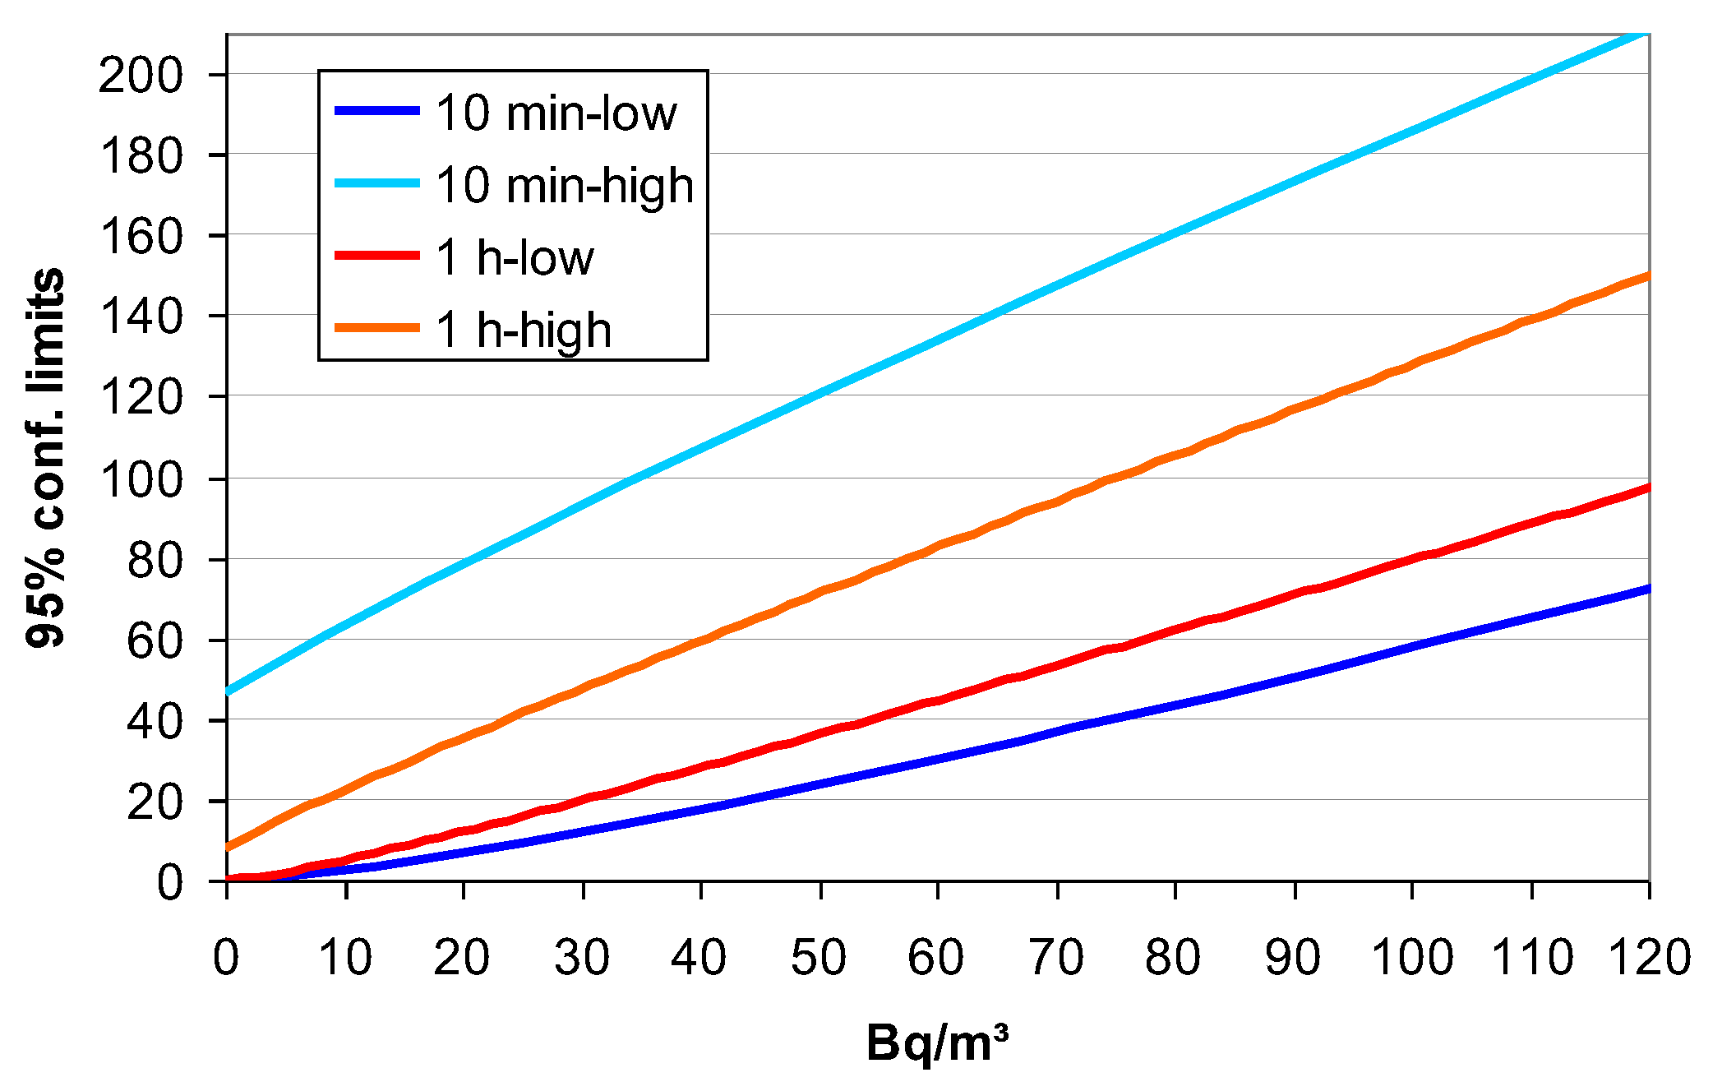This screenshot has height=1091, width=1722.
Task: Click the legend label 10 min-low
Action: [x=556, y=113]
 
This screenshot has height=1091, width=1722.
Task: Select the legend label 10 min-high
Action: [x=565, y=185]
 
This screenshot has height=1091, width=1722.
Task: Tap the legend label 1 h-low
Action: [x=515, y=257]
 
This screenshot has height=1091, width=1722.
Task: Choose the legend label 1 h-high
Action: [x=524, y=330]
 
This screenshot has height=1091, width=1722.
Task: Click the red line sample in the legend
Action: [x=377, y=256]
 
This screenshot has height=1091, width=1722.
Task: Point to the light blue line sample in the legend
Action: [x=377, y=183]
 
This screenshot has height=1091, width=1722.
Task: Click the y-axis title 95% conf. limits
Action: [x=46, y=457]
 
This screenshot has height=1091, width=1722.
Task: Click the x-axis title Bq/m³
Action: [x=937, y=1042]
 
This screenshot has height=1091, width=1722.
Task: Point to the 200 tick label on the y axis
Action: [x=140, y=76]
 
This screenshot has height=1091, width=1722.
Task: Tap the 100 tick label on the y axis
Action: [x=140, y=479]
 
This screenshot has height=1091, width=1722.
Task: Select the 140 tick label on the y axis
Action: [x=140, y=317]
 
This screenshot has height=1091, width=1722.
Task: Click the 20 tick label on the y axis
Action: [x=155, y=802]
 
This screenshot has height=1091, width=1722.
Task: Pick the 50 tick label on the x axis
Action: [x=819, y=957]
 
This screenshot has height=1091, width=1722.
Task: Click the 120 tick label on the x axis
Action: [x=1648, y=957]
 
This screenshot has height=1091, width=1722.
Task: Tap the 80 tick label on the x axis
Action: [x=1174, y=957]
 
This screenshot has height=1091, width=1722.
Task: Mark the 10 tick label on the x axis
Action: [x=345, y=957]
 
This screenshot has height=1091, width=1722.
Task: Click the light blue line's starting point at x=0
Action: [x=228, y=691]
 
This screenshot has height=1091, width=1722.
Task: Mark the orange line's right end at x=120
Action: [x=1647, y=275]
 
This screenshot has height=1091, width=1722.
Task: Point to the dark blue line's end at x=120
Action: [x=1647, y=589]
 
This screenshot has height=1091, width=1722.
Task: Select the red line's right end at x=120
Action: [x=1647, y=488]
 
